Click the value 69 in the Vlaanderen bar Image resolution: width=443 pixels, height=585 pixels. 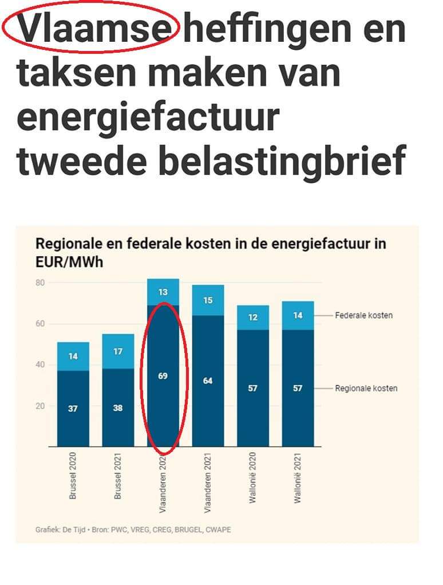[x=163, y=376]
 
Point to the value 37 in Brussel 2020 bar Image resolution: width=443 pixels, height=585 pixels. [x=73, y=409]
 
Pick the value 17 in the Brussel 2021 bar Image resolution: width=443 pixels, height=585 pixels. [x=118, y=351]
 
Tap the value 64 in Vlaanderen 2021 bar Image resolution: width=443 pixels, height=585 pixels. [x=208, y=381]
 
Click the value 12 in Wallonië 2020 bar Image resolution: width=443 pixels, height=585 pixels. [x=252, y=317]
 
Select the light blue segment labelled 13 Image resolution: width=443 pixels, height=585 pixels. [x=163, y=292]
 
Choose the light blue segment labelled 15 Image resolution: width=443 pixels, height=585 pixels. [x=208, y=300]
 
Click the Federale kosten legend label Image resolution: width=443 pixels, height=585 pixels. [x=363, y=315]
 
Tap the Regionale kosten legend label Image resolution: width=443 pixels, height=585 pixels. [x=366, y=388]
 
